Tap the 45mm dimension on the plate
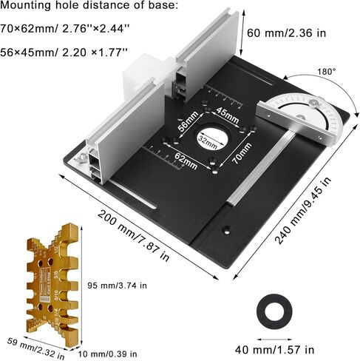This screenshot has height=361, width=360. point(227,114)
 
